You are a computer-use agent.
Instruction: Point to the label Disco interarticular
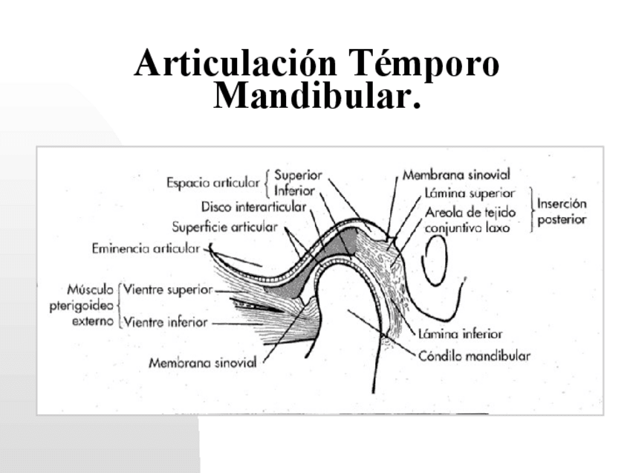click(x=253, y=207)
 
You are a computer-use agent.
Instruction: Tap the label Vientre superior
click(x=168, y=289)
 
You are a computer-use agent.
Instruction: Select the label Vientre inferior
click(x=166, y=323)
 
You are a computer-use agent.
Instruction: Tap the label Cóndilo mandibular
click(x=474, y=355)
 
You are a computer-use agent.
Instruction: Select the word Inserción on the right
click(x=562, y=203)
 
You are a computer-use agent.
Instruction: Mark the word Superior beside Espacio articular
click(x=298, y=176)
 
